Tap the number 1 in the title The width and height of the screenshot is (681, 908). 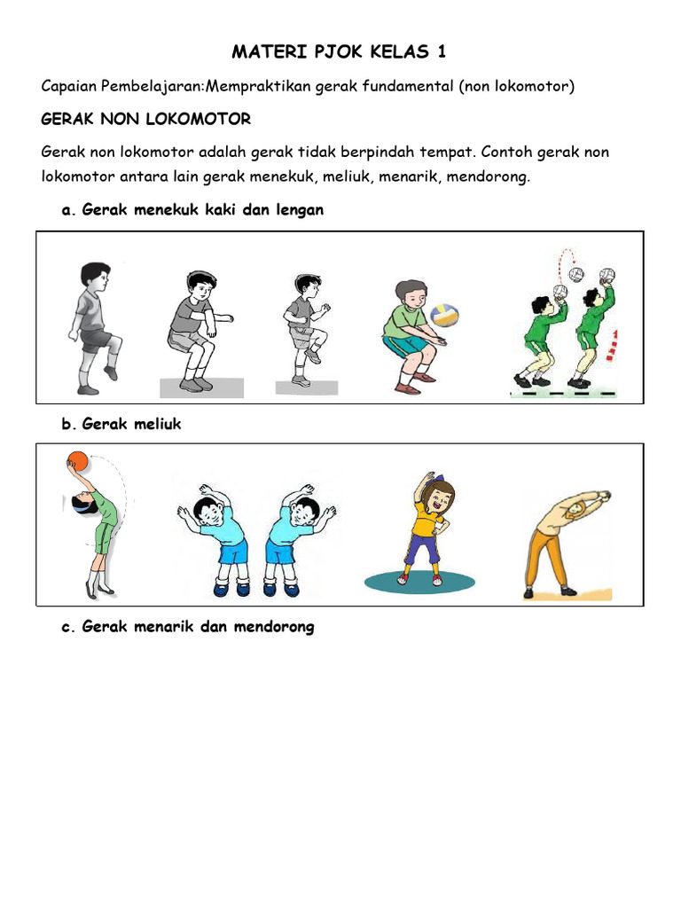[442, 51]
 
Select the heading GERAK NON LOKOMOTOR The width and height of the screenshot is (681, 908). [146, 118]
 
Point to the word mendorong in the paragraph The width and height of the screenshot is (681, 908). [487, 176]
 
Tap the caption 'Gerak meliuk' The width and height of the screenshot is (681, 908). [130, 424]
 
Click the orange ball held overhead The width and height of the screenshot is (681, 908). [77, 463]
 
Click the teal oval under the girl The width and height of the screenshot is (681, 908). [418, 581]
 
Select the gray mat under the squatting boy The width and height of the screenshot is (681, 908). [201, 387]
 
